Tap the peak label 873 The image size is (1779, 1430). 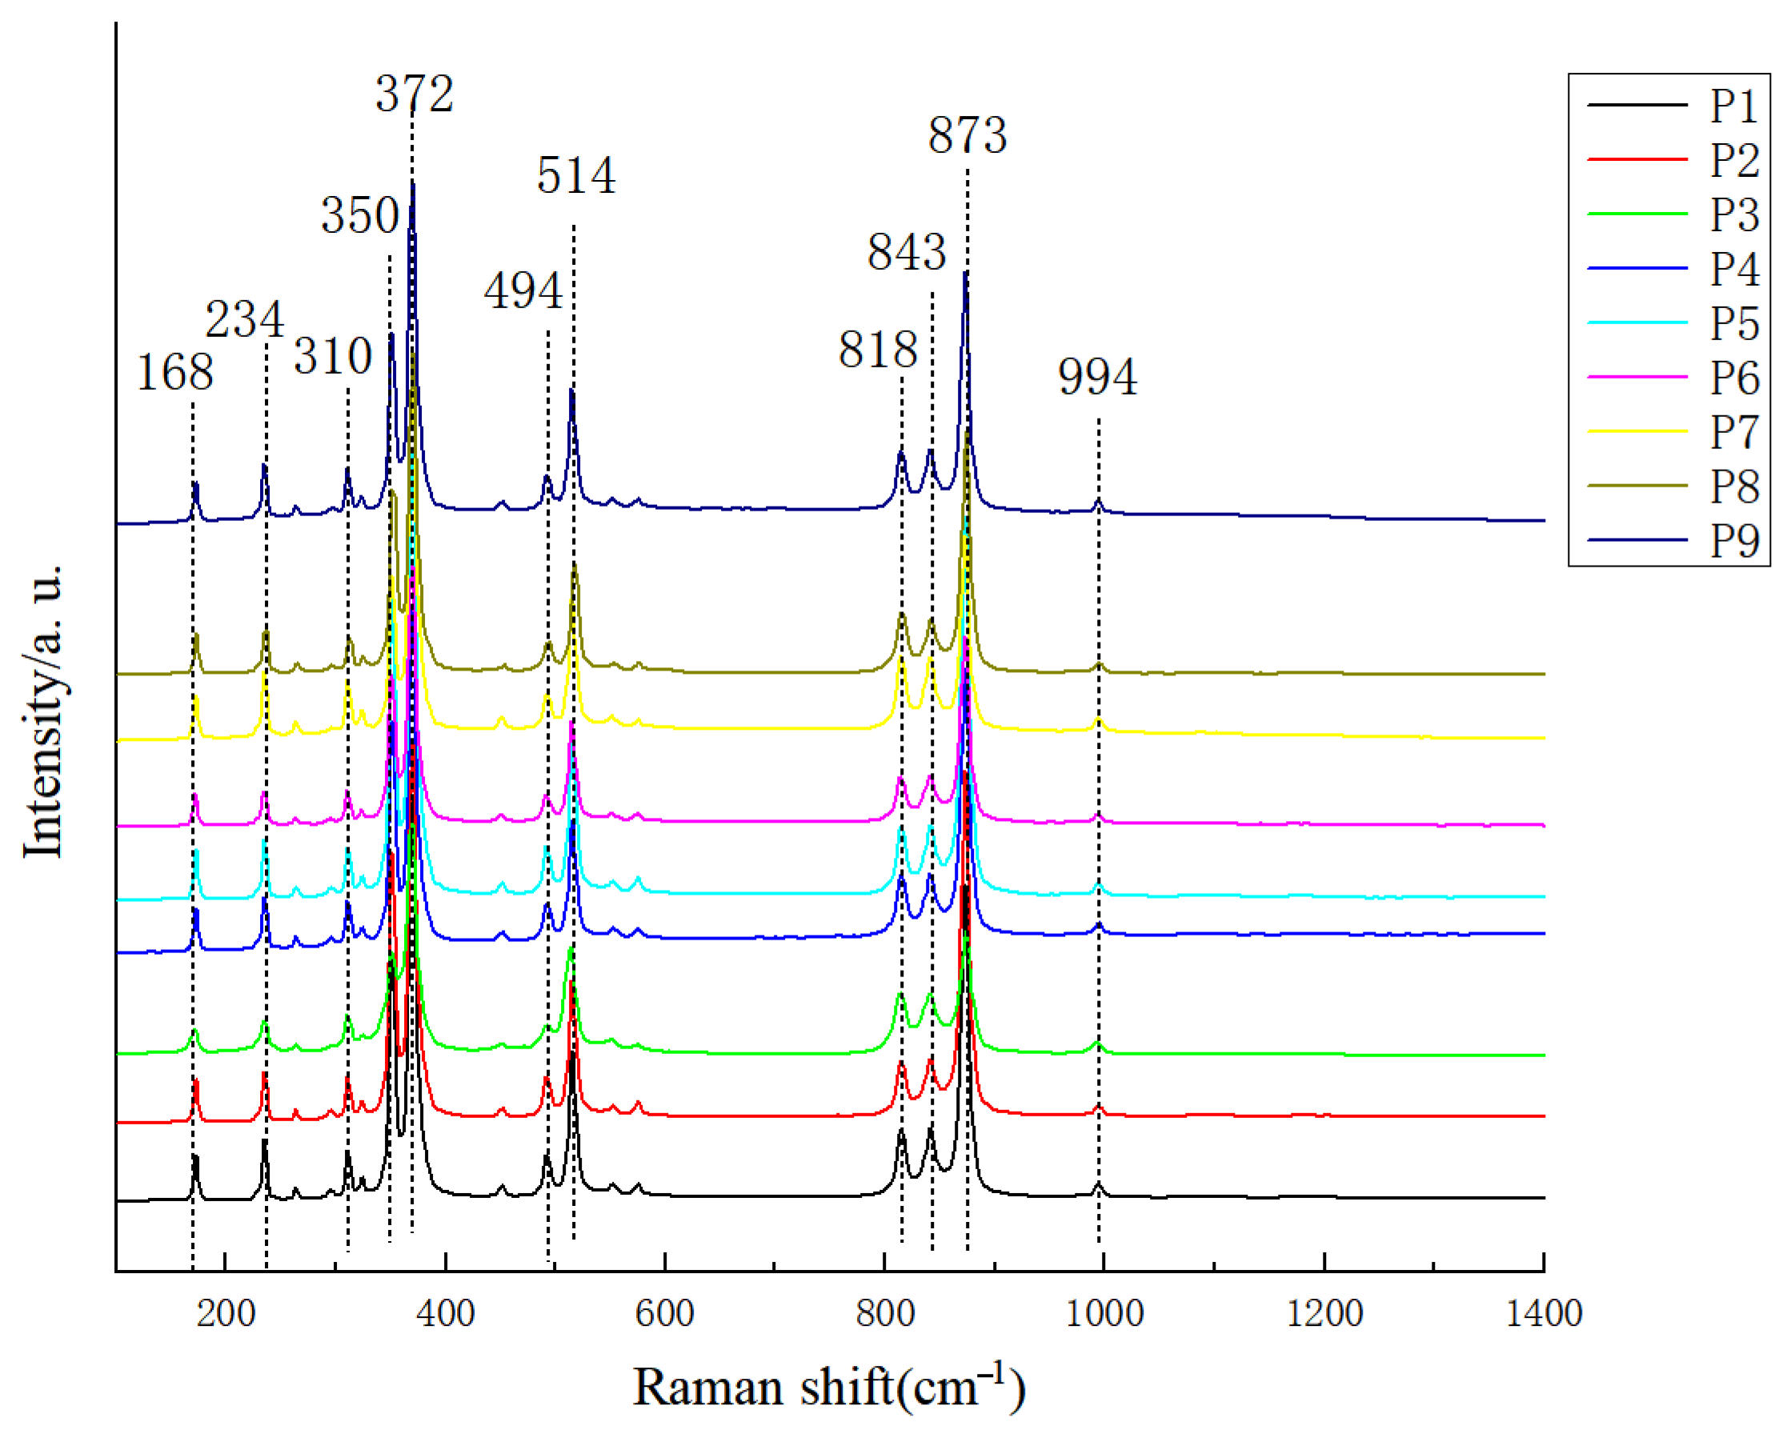click(x=967, y=135)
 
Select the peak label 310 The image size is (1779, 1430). click(x=334, y=356)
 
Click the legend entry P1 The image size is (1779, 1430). click(x=1733, y=106)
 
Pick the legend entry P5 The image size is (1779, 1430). click(x=1733, y=322)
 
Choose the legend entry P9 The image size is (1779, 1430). click(x=1733, y=540)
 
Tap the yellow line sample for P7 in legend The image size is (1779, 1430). click(x=1637, y=431)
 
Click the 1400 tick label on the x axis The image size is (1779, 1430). click(x=1544, y=1313)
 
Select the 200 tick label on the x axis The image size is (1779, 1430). click(x=225, y=1313)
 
